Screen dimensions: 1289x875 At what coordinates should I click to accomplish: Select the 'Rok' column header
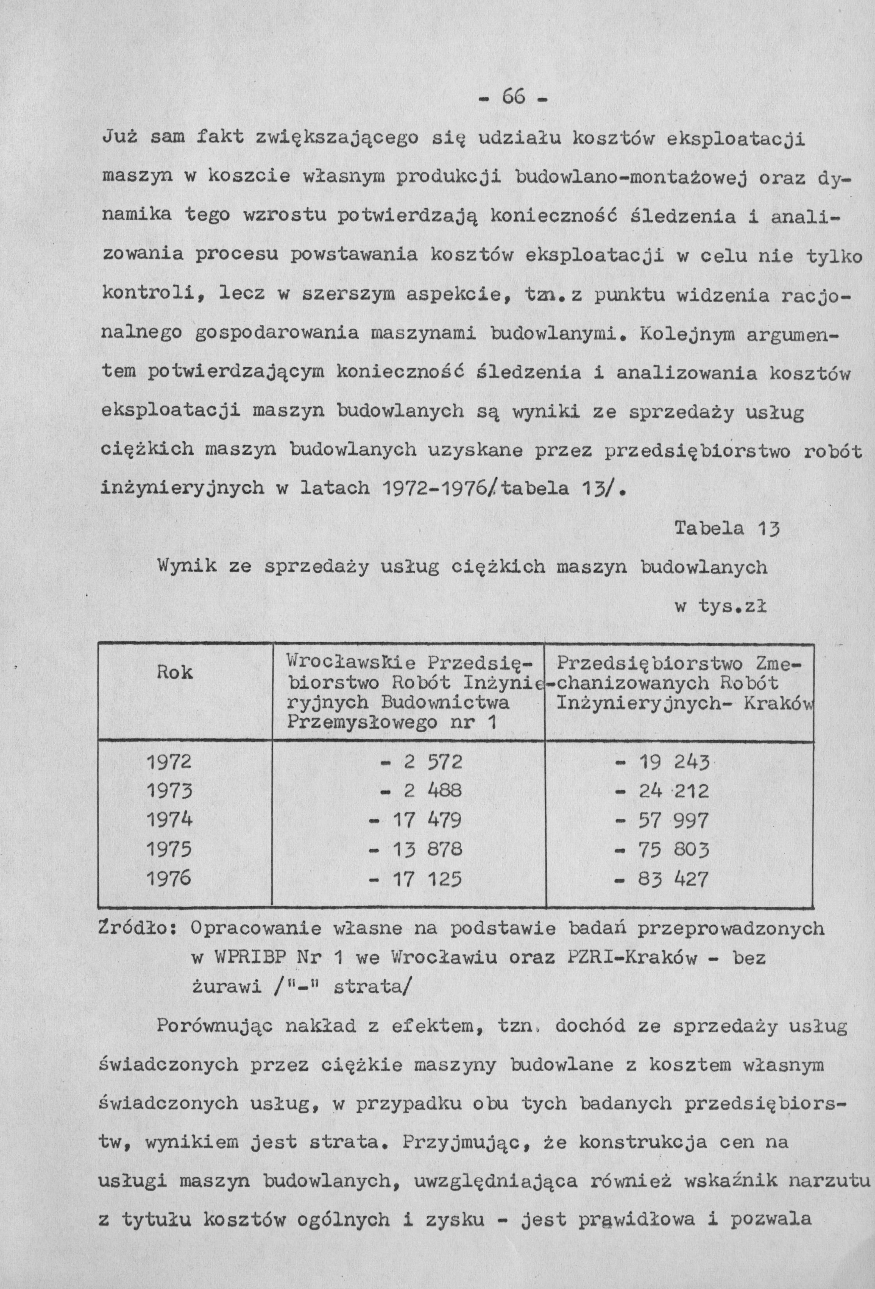click(x=175, y=673)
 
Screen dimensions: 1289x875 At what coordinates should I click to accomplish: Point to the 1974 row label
click(x=169, y=820)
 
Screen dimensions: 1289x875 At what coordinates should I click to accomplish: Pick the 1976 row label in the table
click(x=169, y=878)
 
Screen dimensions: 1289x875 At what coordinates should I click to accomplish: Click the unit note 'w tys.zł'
click(x=720, y=607)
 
